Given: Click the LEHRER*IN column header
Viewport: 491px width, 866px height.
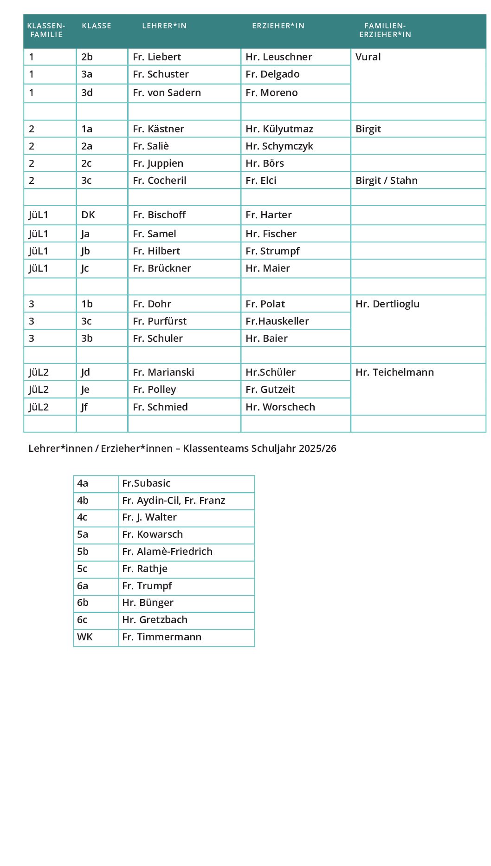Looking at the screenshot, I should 164,26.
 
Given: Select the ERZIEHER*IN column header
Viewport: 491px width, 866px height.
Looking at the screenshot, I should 278,26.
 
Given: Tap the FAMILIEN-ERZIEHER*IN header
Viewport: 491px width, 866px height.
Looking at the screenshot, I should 385,30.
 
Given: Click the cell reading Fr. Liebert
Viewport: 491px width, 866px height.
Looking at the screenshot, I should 157,57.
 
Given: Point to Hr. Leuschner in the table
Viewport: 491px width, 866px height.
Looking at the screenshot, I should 279,57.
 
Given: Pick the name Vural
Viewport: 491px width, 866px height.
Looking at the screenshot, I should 368,57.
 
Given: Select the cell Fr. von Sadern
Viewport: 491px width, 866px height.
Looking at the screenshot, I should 167,93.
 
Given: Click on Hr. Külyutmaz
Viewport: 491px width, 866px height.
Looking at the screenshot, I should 279,129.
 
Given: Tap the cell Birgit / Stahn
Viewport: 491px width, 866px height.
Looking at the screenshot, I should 387,181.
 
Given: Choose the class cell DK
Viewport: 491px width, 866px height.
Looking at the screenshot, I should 88,215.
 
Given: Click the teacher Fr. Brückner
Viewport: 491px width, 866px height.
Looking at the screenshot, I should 162,268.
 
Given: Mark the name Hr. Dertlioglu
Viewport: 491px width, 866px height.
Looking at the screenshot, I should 388,304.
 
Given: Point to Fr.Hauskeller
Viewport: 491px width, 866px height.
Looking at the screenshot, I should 277,321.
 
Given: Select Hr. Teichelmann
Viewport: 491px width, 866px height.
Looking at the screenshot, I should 395,372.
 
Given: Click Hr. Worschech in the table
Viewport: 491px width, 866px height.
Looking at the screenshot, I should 280,407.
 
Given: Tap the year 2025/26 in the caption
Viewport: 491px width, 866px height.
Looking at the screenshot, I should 317,449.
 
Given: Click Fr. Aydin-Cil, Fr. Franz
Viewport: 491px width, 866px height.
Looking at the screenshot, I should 174,501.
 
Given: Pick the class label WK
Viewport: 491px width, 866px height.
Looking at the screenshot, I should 85,637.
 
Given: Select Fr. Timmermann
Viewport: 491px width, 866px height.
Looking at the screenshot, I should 162,637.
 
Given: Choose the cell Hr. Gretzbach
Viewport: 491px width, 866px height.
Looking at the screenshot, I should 155,620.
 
